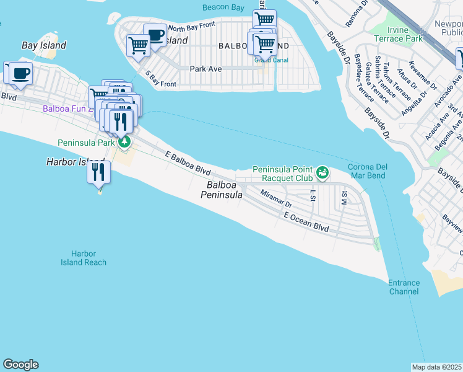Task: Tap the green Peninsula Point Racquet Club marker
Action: [x=322, y=172]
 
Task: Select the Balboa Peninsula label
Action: [x=221, y=190]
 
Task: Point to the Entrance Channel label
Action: [x=404, y=287]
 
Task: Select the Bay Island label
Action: [x=43, y=45]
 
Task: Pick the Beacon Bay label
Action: [x=223, y=7]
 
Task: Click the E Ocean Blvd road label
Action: [x=306, y=223]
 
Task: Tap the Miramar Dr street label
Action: [x=276, y=198]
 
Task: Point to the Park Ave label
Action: [x=206, y=69]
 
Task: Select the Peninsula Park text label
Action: [x=86, y=143]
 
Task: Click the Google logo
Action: [x=20, y=365]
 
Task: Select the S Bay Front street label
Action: [x=161, y=79]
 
